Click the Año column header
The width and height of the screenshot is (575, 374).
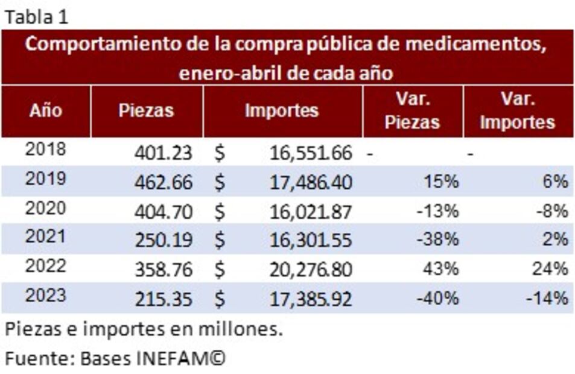pos(46,111)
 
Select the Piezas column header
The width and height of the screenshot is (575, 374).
pos(146,111)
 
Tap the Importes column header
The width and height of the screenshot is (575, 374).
pos(282,111)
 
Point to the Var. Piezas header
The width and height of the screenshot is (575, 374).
pos(413,111)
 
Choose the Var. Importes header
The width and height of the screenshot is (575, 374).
pos(517,111)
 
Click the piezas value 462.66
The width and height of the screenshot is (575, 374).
pos(163,182)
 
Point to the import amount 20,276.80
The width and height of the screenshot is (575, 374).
pos(311,270)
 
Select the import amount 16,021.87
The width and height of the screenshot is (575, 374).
pos(311,211)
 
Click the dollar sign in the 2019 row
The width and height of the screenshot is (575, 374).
pos(220,182)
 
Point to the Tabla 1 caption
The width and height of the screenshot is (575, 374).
pos(36,17)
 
